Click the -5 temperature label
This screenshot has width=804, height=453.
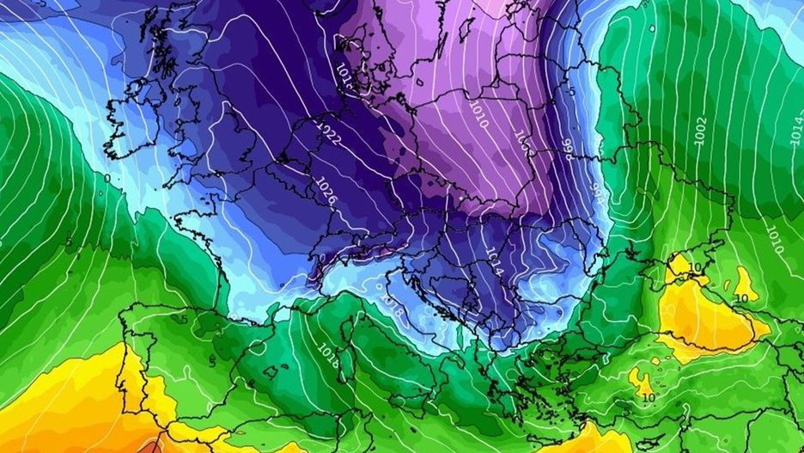coord(571,90)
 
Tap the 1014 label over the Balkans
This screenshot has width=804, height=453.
coord(492,262)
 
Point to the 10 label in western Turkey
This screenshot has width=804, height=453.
coord(648,397)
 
